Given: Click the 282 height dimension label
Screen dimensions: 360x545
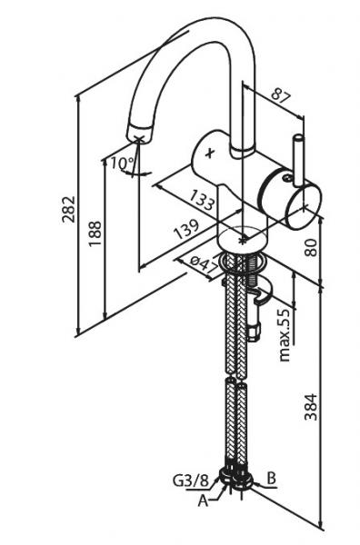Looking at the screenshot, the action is pyautogui.click(x=68, y=209).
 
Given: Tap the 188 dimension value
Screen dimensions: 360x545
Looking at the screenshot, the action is pyautogui.click(x=95, y=233).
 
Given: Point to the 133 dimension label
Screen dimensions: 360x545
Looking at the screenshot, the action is pyautogui.click(x=202, y=200).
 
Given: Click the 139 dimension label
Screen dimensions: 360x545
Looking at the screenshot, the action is pyautogui.click(x=186, y=229).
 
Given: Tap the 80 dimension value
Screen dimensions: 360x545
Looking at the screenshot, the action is pyautogui.click(x=311, y=247).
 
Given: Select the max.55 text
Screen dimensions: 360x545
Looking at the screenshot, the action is pyautogui.click(x=285, y=335).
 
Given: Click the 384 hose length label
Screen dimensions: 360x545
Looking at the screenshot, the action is pyautogui.click(x=311, y=407).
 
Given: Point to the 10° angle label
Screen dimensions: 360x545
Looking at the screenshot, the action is pyautogui.click(x=122, y=163).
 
